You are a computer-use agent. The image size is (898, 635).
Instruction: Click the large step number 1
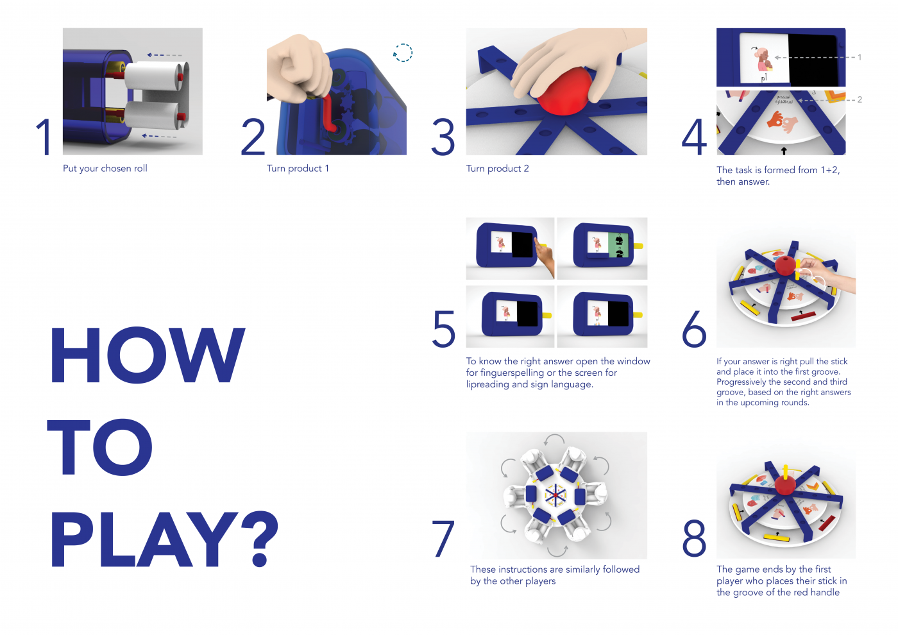click(x=44, y=137)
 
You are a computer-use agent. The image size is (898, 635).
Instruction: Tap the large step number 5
click(x=444, y=329)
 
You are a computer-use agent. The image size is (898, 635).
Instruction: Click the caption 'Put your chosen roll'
click(x=105, y=169)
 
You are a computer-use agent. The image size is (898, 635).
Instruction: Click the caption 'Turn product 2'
click(x=497, y=169)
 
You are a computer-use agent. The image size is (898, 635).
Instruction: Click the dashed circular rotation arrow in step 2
click(x=403, y=53)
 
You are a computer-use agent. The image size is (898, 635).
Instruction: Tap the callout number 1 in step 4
click(x=860, y=57)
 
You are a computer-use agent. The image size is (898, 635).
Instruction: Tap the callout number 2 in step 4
click(x=860, y=99)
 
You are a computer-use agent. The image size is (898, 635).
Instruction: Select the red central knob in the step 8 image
click(x=784, y=484)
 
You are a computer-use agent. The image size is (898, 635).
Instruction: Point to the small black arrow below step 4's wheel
click(x=783, y=151)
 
